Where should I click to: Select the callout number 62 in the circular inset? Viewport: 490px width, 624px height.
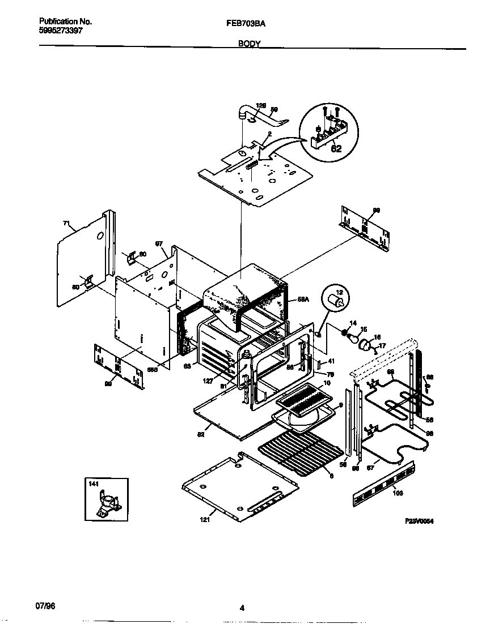336,149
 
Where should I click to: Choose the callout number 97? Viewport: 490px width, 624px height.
159,243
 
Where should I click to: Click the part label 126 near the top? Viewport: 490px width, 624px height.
261,105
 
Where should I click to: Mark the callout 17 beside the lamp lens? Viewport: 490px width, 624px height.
382,345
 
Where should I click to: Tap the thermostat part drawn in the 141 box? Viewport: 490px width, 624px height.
107,503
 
